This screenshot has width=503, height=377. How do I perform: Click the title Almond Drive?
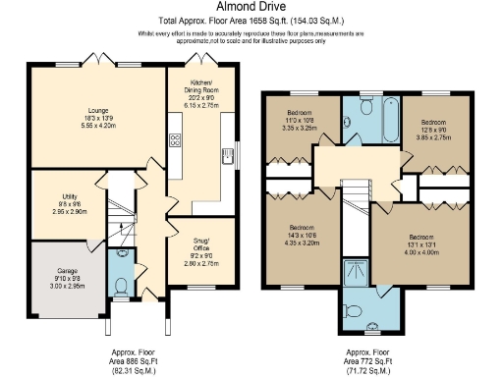(251, 7)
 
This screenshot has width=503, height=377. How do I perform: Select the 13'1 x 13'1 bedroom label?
(419, 242)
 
